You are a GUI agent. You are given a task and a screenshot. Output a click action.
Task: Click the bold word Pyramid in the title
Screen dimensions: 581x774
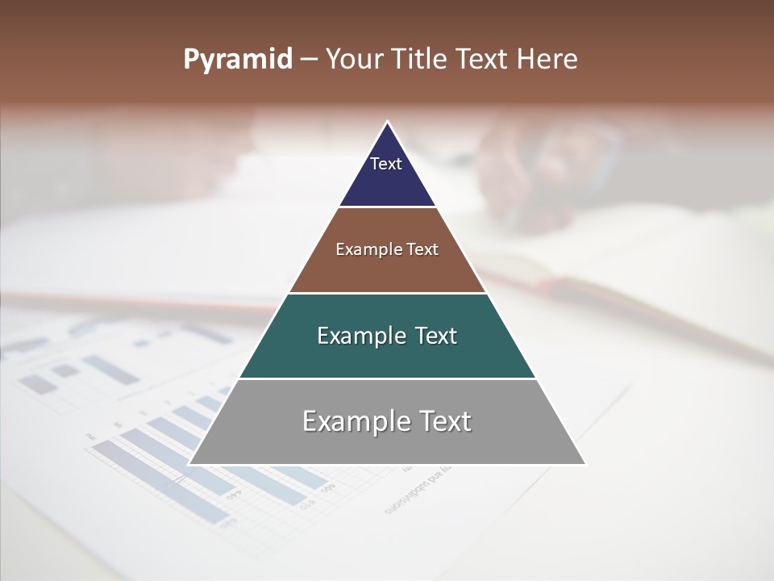click(238, 60)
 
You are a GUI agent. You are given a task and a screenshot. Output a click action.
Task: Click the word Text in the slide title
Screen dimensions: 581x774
click(482, 60)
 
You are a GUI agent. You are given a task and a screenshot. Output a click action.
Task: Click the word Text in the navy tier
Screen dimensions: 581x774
click(386, 164)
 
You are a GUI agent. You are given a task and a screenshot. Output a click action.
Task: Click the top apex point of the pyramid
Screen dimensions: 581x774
click(387, 123)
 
